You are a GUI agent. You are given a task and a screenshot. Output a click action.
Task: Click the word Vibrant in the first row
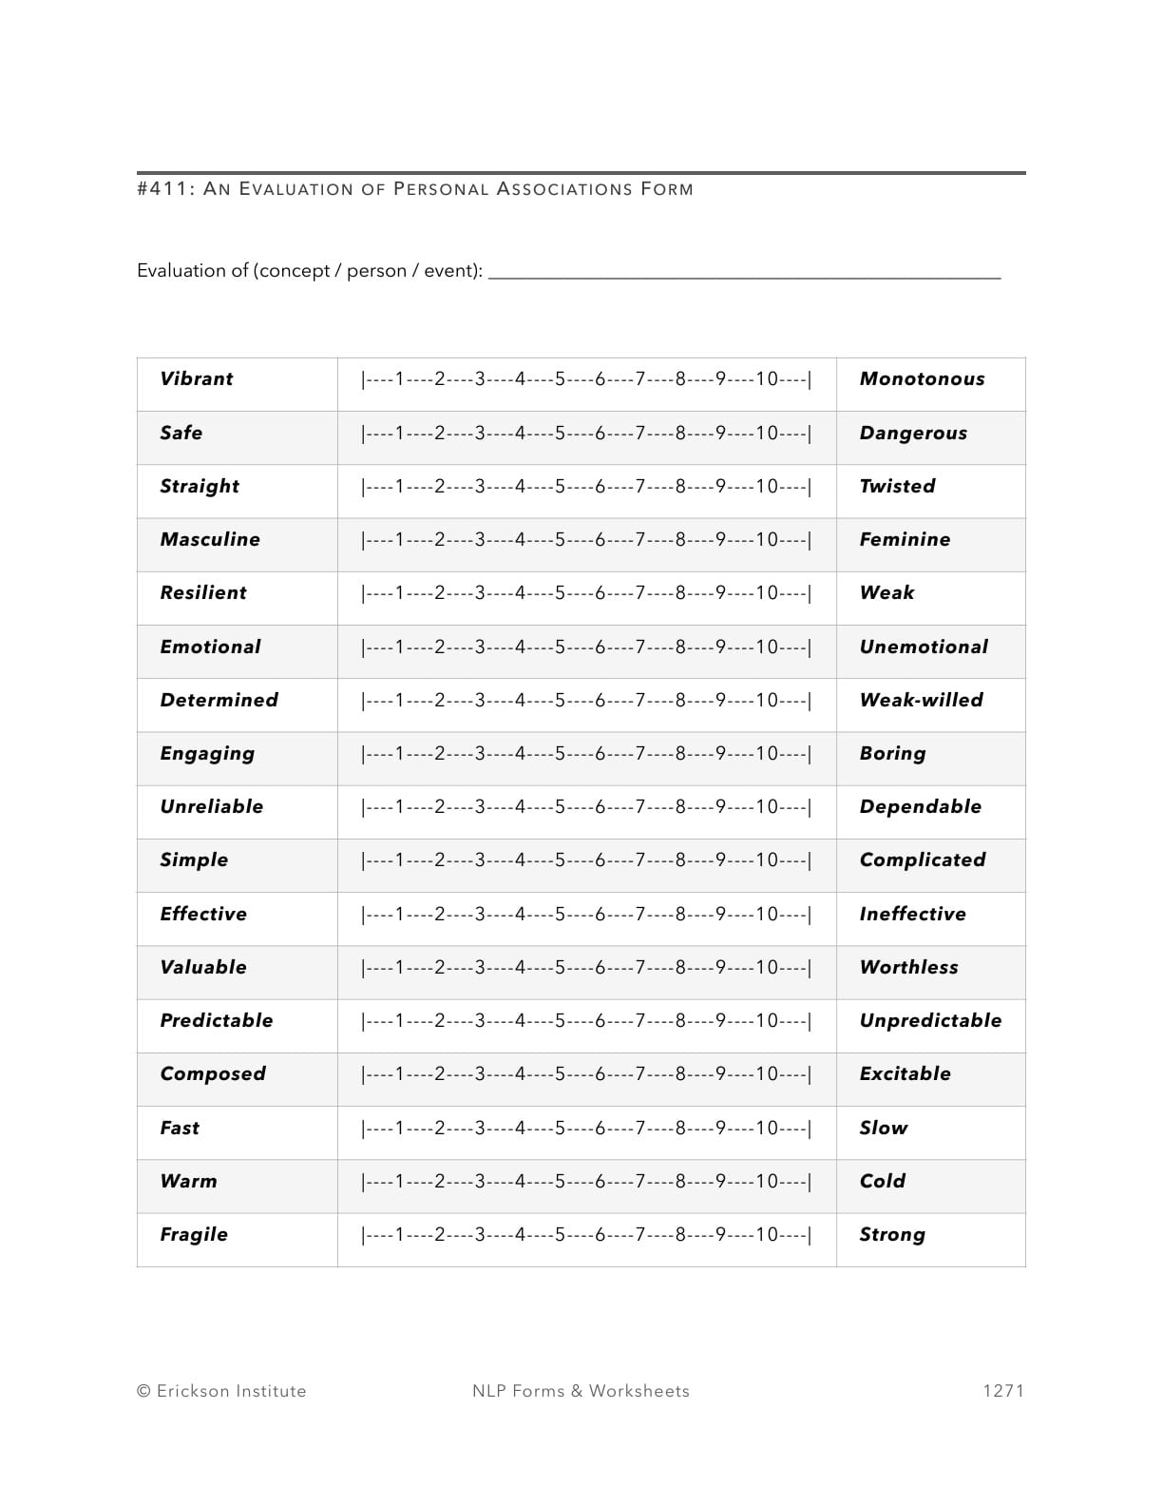pyautogui.click(x=196, y=379)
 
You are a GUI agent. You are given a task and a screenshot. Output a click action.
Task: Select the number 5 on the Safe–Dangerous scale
pyautogui.click(x=561, y=434)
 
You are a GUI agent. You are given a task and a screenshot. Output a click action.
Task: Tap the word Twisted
pyautogui.click(x=897, y=487)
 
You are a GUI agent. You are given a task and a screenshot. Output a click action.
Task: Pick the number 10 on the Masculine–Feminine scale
pyautogui.click(x=767, y=540)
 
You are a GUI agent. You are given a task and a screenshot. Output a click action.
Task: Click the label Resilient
pyautogui.click(x=202, y=593)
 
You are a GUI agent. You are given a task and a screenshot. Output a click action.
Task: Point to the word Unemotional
pyautogui.click(x=923, y=647)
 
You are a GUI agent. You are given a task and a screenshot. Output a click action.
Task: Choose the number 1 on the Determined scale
pyautogui.click(x=399, y=701)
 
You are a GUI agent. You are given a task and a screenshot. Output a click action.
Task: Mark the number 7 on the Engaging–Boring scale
pyautogui.click(x=640, y=754)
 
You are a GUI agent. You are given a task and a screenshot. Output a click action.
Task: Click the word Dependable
pyautogui.click(x=920, y=807)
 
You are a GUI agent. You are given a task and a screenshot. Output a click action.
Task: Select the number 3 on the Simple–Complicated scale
pyautogui.click(x=480, y=860)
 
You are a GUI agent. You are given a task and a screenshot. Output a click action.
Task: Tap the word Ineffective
pyautogui.click(x=912, y=915)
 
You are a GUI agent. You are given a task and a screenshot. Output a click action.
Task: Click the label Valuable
pyautogui.click(x=202, y=968)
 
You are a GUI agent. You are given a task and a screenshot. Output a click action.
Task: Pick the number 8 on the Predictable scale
pyautogui.click(x=680, y=1021)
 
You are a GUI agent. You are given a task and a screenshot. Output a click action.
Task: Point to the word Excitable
pyautogui.click(x=905, y=1074)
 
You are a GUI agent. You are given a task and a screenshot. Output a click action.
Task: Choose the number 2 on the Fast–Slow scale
pyautogui.click(x=439, y=1129)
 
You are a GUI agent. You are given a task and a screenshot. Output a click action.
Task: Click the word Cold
pyautogui.click(x=882, y=1182)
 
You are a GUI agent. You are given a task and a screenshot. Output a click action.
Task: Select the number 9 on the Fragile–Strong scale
pyautogui.click(x=721, y=1235)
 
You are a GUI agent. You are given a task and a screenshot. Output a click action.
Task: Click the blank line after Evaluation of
pyautogui.click(x=744, y=273)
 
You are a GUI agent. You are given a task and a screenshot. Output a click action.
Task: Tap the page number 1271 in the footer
pyautogui.click(x=1002, y=1391)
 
